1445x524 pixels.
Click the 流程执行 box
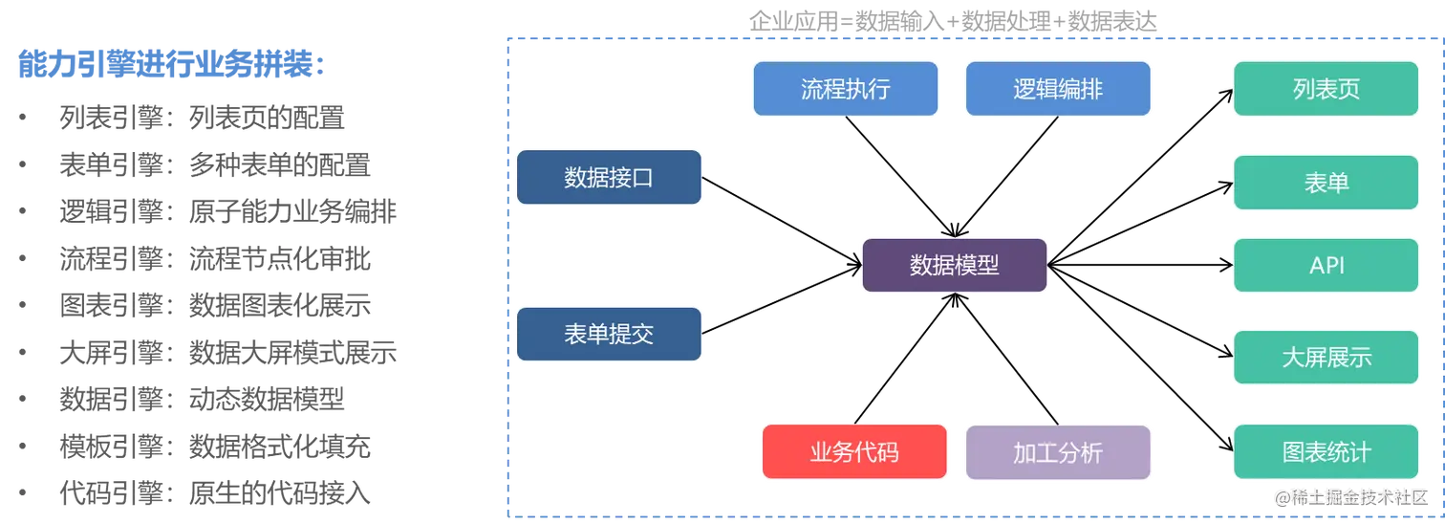click(845, 89)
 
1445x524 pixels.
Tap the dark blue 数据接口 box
click(609, 177)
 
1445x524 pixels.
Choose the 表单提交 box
click(609, 333)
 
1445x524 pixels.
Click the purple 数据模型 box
click(954, 265)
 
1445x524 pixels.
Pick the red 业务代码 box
click(853, 452)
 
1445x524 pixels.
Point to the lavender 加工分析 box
click(1058, 452)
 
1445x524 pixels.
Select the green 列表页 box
click(1326, 89)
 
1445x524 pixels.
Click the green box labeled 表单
click(1326, 182)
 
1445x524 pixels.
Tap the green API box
click(1326, 265)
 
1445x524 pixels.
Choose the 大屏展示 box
click(1326, 357)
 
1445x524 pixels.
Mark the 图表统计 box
click(1326, 452)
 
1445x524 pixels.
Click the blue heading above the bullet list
click(172, 65)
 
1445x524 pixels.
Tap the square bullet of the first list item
click(23, 119)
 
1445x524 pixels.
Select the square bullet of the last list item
click(23, 493)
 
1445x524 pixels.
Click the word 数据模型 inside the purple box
click(954, 265)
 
